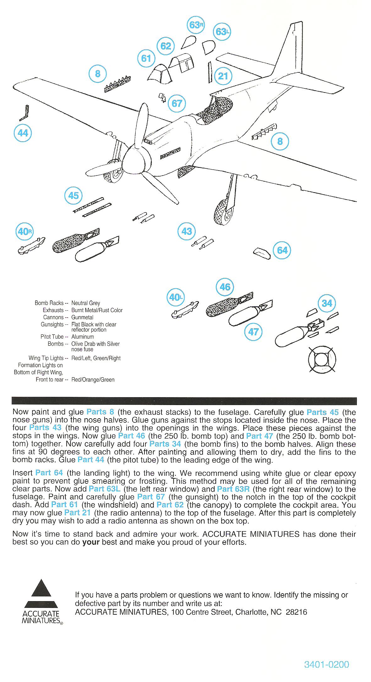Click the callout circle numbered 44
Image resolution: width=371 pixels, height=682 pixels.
click(23, 133)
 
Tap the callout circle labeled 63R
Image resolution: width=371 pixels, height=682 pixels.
click(196, 25)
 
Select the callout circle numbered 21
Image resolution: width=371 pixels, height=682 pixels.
click(223, 76)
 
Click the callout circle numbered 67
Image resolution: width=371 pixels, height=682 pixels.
click(177, 103)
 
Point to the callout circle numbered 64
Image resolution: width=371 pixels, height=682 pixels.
click(282, 250)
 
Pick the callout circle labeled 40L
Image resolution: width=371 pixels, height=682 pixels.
click(176, 297)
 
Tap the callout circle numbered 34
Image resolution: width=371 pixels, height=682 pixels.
click(327, 303)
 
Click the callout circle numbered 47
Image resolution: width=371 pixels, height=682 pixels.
click(254, 332)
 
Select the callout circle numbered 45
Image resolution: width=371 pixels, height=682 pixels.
click(73, 195)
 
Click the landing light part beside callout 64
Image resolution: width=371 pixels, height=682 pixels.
click(262, 252)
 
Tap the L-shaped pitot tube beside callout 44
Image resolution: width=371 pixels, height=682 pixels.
click(24, 113)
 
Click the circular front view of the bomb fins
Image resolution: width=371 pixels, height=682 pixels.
click(322, 360)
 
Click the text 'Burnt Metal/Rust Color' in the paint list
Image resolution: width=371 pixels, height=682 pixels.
click(97, 310)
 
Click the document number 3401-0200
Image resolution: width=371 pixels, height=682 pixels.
click(326, 664)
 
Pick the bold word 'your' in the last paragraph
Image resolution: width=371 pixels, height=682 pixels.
click(91, 542)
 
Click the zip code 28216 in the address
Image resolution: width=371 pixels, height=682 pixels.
click(297, 612)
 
